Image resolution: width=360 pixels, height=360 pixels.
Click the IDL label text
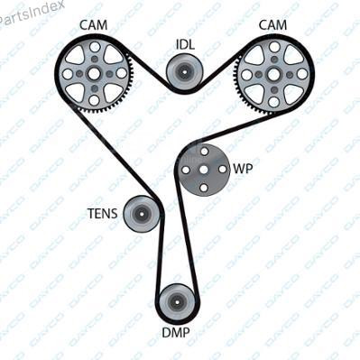pos(185,44)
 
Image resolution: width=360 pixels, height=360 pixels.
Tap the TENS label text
pos(103,214)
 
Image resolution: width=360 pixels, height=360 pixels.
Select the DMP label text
pos(176,333)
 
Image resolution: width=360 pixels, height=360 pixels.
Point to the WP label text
pos(243,169)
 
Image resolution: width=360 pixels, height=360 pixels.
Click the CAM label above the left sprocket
pos(93,25)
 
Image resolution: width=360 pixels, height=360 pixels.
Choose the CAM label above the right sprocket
pos(272,25)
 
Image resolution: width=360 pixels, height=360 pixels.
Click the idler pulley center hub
pos(183,72)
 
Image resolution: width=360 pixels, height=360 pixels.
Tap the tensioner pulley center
pos(141,214)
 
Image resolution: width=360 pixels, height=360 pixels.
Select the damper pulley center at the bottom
pos(176,302)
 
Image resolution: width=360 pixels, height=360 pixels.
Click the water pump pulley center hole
pos(204,170)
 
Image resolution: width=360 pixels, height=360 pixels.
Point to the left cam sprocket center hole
pos(94,73)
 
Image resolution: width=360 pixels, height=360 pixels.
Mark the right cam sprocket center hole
pos(274,74)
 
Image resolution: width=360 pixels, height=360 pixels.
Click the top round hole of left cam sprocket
pos(95,47)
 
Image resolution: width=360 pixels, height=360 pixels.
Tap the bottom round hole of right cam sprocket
pos(273,102)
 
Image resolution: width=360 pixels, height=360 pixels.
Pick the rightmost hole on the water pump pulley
pos(223,170)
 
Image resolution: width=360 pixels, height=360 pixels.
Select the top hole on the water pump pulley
pos(204,151)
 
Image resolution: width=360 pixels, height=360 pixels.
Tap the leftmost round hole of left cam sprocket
pos(68,74)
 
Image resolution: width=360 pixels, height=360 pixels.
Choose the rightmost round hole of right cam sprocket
pos(302,74)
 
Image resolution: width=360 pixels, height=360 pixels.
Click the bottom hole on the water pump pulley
pos(204,189)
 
